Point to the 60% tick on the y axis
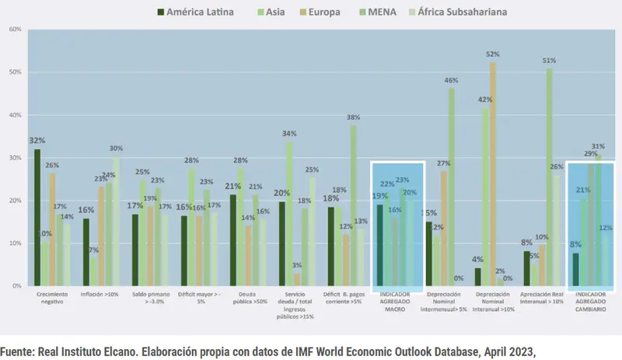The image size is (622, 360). click(14, 30)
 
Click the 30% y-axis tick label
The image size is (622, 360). click(14, 158)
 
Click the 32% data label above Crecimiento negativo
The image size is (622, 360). click(37, 141)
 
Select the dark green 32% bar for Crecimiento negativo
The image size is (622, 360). click(37, 218)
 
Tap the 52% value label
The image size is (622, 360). click(493, 54)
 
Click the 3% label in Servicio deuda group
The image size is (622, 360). click(297, 266)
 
